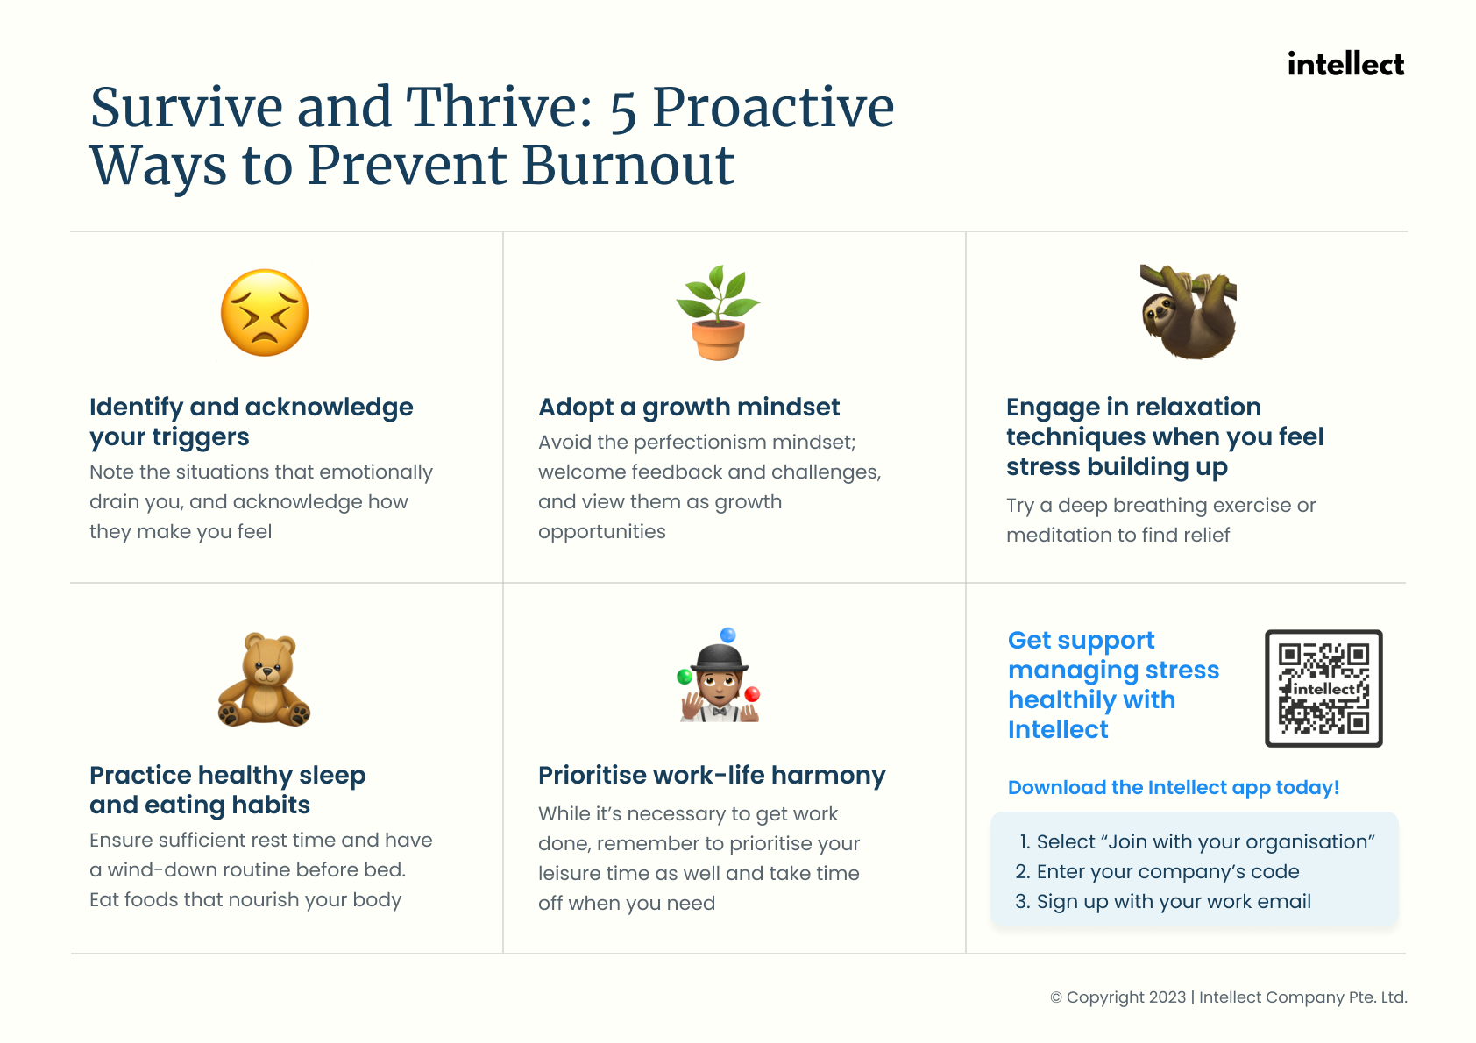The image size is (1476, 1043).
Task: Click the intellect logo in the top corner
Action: pyautogui.click(x=1345, y=65)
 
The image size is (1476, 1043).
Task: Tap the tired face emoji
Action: pyautogui.click(x=265, y=312)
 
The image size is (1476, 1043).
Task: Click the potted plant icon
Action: pyautogui.click(x=718, y=312)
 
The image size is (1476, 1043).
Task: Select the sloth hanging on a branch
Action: pyautogui.click(x=1188, y=311)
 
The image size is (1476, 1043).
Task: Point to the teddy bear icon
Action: pyautogui.click(x=264, y=679)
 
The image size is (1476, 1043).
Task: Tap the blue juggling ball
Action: pyautogui.click(x=728, y=635)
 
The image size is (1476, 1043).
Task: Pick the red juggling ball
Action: pyautogui.click(x=753, y=694)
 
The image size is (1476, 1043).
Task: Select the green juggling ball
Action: pyautogui.click(x=685, y=676)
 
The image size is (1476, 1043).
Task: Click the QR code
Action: pyautogui.click(x=1323, y=689)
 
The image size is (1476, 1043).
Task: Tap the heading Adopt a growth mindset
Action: pyautogui.click(x=689, y=408)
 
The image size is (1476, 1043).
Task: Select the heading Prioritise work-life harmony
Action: pyautogui.click(x=712, y=776)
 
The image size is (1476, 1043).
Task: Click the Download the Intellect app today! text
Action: pyautogui.click(x=1174, y=787)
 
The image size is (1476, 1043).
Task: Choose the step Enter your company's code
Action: pyautogui.click(x=1157, y=872)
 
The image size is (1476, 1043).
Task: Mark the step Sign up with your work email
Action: pyautogui.click(x=1163, y=901)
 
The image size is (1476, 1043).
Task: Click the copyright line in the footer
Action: pyautogui.click(x=1228, y=997)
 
